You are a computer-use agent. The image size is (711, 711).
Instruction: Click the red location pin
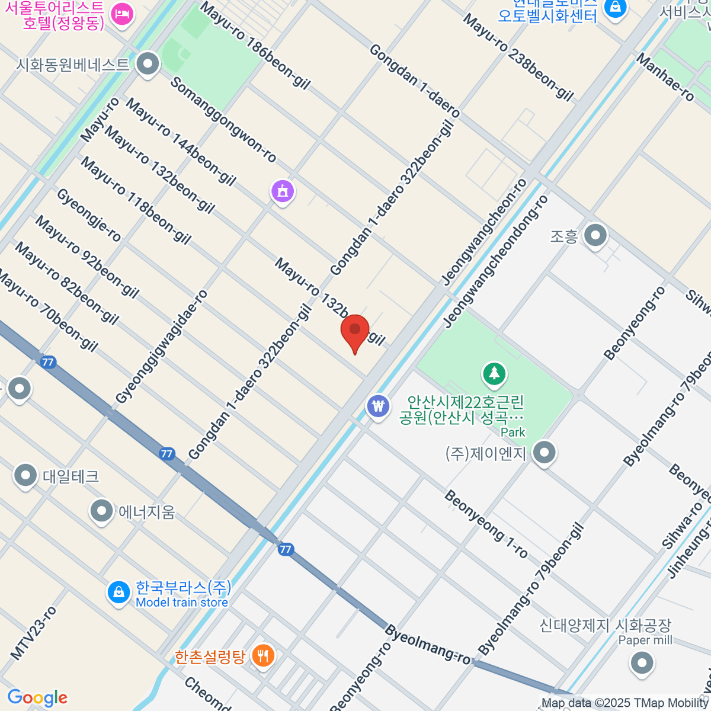click(355, 331)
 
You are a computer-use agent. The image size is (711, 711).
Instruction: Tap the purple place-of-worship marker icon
click(283, 191)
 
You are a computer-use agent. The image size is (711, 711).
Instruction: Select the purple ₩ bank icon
click(377, 406)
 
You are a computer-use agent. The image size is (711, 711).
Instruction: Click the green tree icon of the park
click(494, 374)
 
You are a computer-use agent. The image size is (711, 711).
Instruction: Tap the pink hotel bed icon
click(123, 14)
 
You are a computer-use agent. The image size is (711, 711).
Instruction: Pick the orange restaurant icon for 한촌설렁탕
click(261, 656)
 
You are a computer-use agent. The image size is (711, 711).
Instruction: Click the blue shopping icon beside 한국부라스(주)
click(119, 592)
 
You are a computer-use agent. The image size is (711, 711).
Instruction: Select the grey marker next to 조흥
click(595, 236)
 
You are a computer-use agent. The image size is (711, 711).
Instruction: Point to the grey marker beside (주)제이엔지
click(543, 453)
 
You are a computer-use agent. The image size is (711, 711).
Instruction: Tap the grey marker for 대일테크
click(25, 475)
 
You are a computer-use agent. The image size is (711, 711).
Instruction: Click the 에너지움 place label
click(146, 511)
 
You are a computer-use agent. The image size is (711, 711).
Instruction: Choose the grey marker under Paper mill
click(642, 663)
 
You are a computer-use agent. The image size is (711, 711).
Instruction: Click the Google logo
click(37, 697)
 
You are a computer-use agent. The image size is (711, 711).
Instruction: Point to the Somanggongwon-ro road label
click(223, 119)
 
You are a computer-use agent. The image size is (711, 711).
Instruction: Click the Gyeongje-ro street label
click(89, 215)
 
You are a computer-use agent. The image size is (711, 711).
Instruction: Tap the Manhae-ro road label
click(665, 78)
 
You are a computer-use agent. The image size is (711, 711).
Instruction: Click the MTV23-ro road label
click(33, 633)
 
